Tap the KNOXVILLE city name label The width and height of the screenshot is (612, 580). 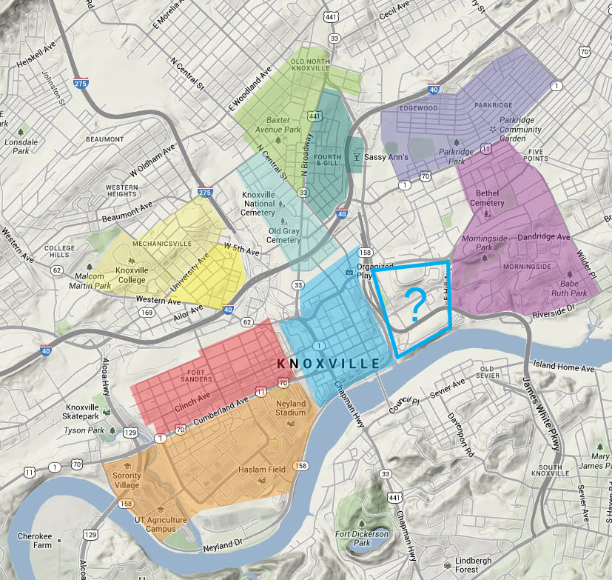click(x=328, y=364)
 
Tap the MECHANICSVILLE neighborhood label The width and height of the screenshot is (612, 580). click(x=141, y=243)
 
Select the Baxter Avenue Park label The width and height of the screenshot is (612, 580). click(x=278, y=124)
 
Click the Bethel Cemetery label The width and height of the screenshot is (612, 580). click(x=486, y=198)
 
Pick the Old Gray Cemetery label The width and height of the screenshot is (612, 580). click(x=283, y=235)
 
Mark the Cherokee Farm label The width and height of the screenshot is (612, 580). click(x=36, y=541)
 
